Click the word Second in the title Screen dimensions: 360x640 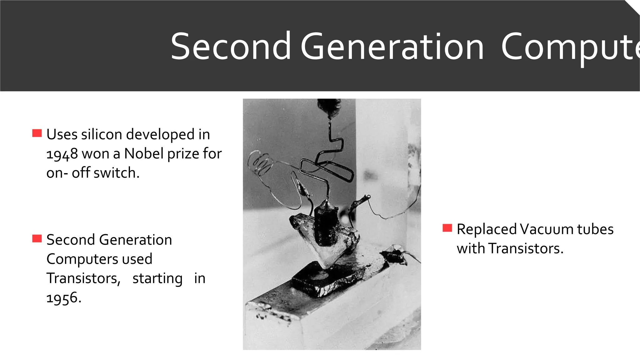[x=231, y=47]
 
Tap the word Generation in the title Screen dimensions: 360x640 [x=392, y=47]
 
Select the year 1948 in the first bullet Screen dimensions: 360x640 [x=62, y=154]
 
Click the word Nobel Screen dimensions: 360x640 [x=144, y=153]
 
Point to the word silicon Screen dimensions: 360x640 [x=102, y=134]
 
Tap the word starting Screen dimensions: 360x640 [x=157, y=278]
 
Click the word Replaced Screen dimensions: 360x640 [x=487, y=229]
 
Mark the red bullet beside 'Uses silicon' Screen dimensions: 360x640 [x=37, y=133]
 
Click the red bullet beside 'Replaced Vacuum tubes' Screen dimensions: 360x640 [x=447, y=228]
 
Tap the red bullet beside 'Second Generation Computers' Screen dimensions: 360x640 [x=37, y=239]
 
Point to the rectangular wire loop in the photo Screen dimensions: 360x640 [x=327, y=170]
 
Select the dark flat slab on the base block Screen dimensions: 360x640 [x=327, y=278]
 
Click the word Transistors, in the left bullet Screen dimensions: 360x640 [x=83, y=278]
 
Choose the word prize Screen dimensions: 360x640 [x=183, y=153]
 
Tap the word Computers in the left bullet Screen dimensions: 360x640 [x=82, y=259]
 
